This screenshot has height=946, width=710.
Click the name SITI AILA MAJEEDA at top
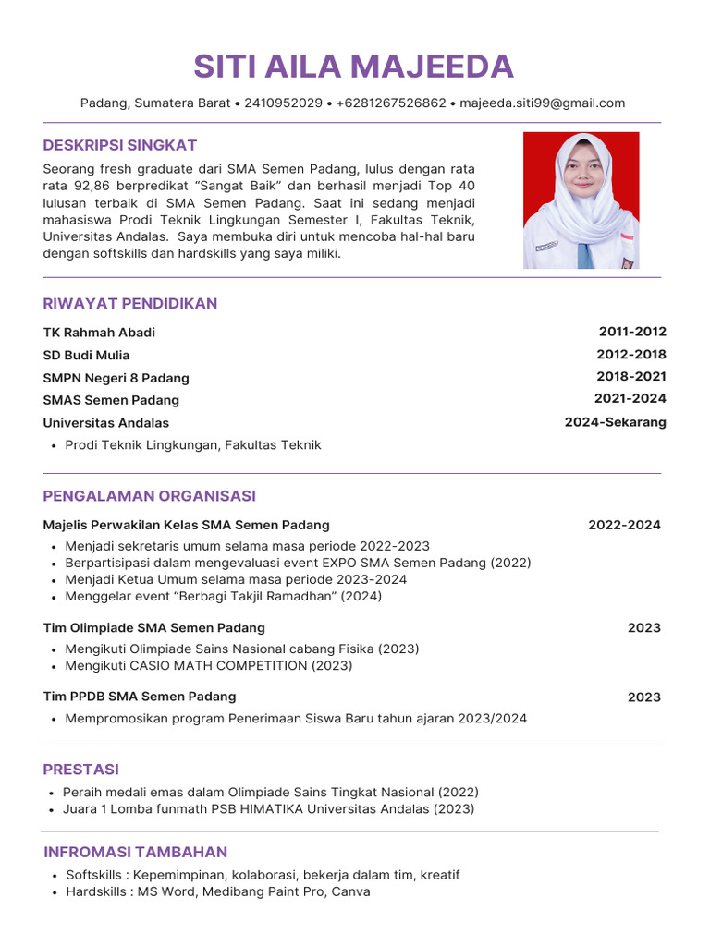[x=354, y=67]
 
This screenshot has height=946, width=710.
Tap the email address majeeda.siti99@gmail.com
[x=543, y=103]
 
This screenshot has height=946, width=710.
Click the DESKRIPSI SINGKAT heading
[x=120, y=145]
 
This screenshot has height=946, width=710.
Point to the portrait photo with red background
[x=581, y=200]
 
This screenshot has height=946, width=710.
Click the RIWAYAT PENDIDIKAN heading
[x=130, y=303]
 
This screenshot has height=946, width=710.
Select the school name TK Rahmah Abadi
[x=99, y=333]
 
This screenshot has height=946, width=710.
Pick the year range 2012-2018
[x=631, y=355]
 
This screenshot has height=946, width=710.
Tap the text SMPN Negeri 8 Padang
[x=116, y=378]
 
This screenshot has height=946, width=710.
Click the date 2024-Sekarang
[x=615, y=422]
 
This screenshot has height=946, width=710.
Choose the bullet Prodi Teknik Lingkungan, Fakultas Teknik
[x=193, y=445]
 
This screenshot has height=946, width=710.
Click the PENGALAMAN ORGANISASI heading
[x=149, y=496]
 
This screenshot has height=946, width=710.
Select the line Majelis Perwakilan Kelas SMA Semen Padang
[x=186, y=526]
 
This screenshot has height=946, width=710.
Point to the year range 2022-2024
[x=624, y=526]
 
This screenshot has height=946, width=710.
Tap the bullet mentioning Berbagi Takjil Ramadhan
[x=223, y=597]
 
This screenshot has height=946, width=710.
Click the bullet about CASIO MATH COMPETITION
[x=208, y=666]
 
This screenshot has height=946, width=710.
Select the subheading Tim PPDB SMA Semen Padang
[x=139, y=697]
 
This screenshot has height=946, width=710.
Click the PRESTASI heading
[x=81, y=770]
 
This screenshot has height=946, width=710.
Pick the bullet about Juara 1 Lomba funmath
[x=268, y=809]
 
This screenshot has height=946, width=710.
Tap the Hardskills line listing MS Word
[x=217, y=892]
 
